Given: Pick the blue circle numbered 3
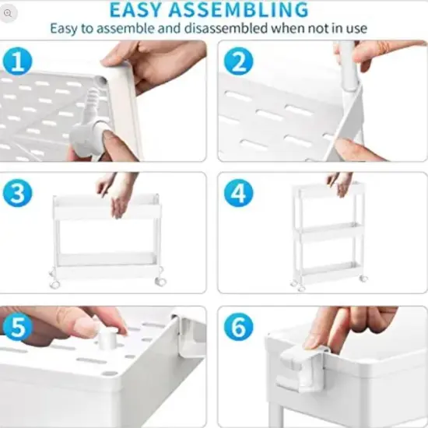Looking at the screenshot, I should tap(16, 194).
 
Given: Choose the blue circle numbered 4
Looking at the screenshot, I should tap(239, 194).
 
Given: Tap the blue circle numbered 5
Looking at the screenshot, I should tap(16, 326).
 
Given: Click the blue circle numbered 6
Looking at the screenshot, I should tap(239, 327).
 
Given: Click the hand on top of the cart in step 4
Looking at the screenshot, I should tap(340, 184).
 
